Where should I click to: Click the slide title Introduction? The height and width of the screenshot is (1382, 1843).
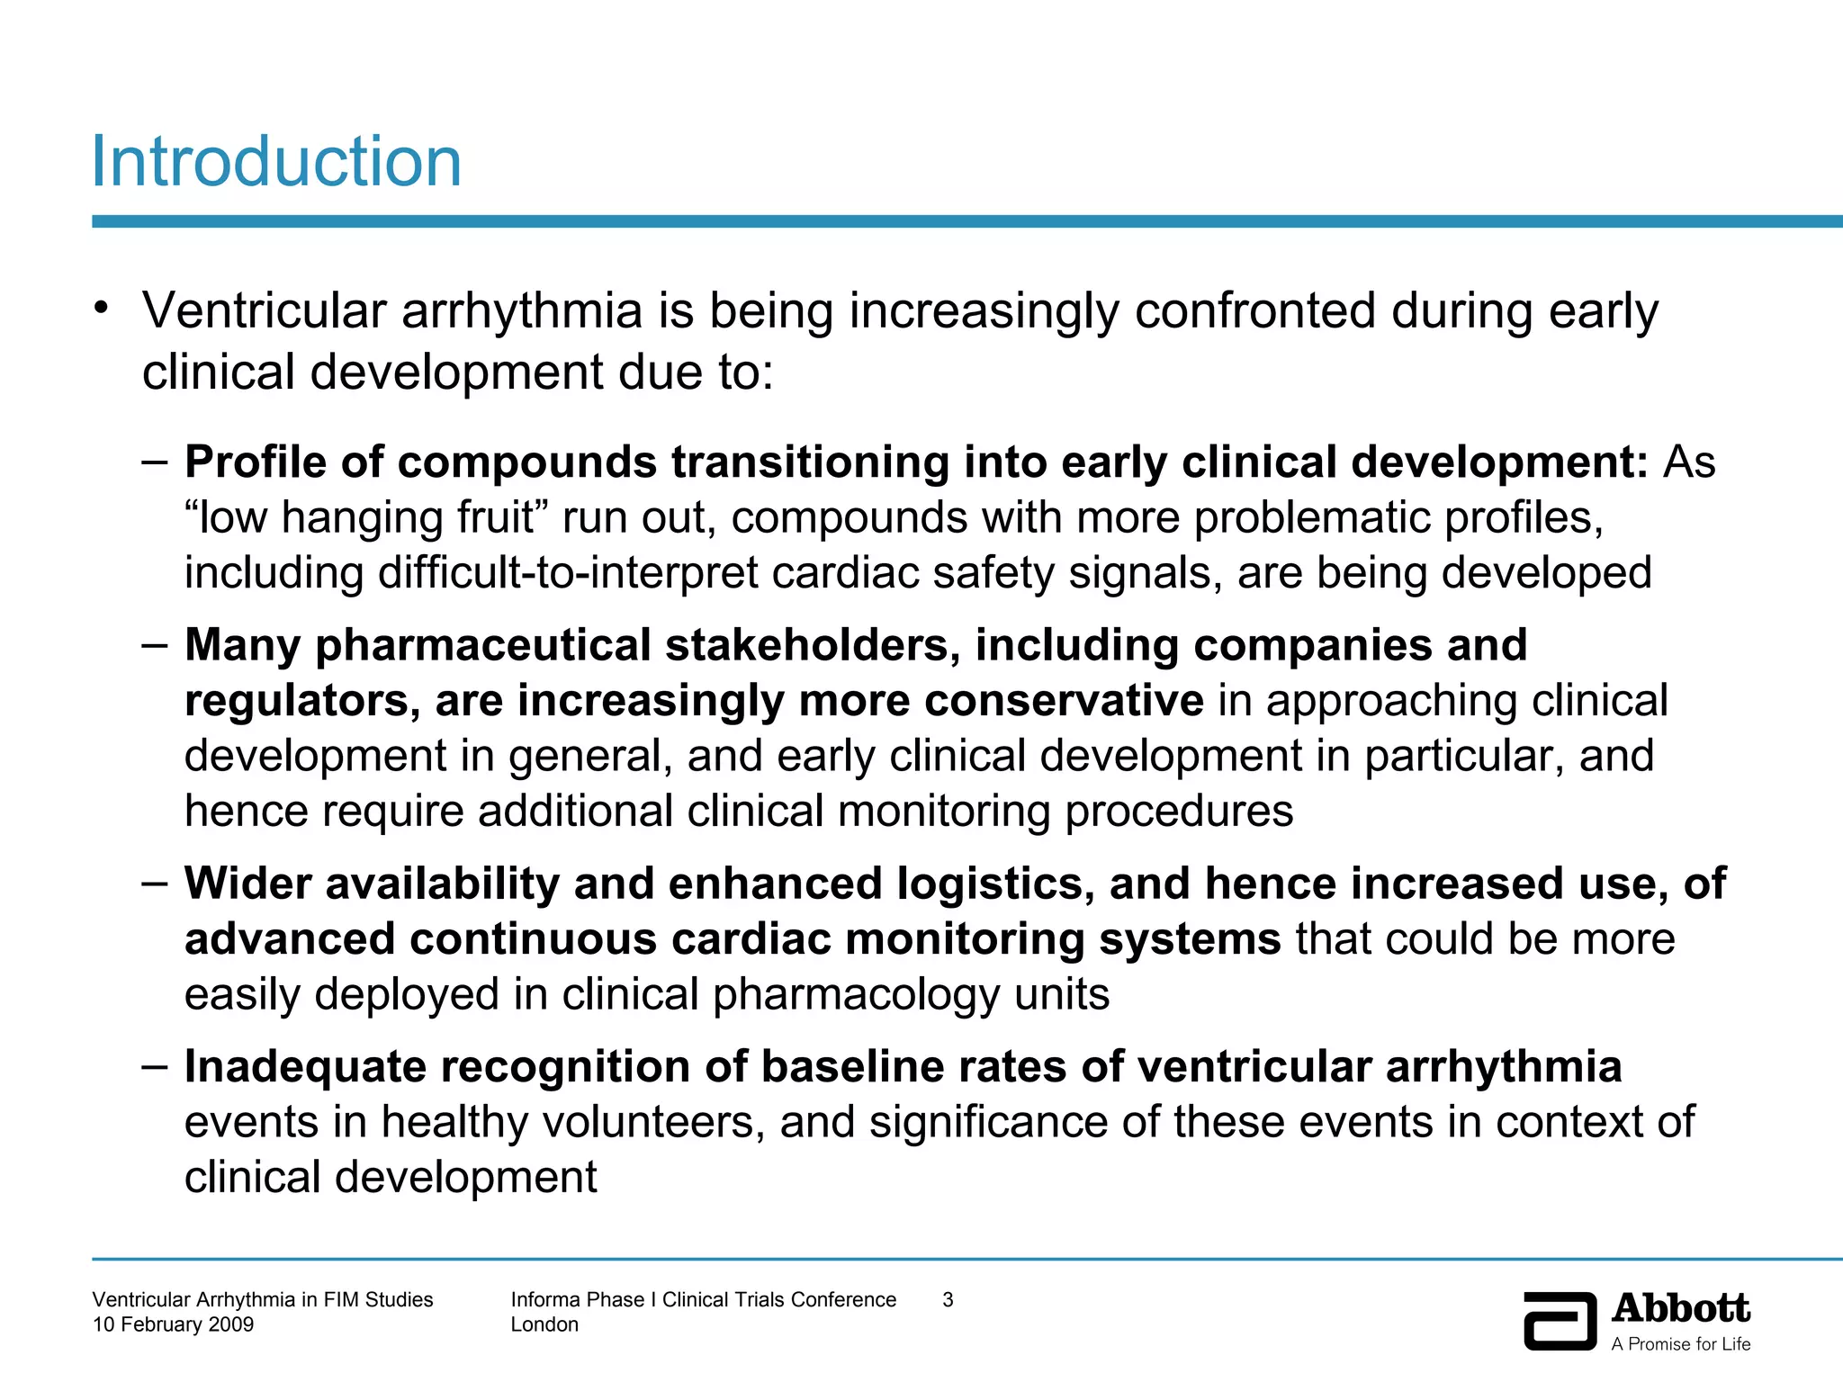point(276,162)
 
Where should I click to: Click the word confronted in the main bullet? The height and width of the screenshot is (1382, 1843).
point(1255,311)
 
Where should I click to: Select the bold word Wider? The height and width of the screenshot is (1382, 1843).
point(255,884)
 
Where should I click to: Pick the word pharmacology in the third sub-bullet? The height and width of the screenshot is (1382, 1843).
point(856,995)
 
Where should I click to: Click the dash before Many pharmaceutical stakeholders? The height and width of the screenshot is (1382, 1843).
point(154,645)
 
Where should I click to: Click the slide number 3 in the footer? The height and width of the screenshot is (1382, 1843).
point(948,1299)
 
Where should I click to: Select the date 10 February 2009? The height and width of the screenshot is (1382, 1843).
point(173,1324)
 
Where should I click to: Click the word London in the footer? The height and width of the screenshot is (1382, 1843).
point(544,1324)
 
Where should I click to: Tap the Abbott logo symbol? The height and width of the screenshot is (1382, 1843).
point(1560,1321)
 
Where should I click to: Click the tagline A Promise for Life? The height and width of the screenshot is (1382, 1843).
point(1680,1344)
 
